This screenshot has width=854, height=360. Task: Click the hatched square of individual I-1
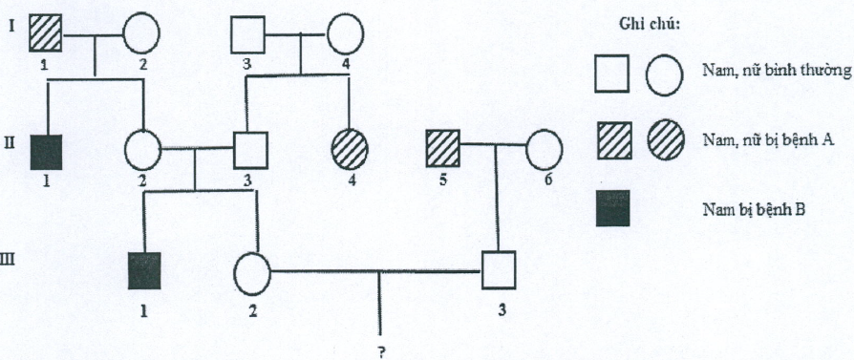coord(45,33)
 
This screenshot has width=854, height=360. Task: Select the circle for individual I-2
coord(141,33)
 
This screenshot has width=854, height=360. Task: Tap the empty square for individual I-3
coord(247,35)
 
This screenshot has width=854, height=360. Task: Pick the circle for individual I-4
coord(345,33)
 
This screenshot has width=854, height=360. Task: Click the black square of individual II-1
coord(47,152)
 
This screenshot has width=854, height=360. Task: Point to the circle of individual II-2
coord(143,150)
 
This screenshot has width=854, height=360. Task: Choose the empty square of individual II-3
coord(251,150)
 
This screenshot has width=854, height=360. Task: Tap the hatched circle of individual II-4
coord(351,149)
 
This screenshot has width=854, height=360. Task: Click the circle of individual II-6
coord(544,148)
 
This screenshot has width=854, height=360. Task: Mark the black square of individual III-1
coord(145,270)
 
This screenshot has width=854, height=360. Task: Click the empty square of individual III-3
coord(499,269)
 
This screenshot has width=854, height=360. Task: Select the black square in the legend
coord(614,207)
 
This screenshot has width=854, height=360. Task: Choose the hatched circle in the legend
coord(666,138)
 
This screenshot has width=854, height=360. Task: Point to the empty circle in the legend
coord(665,75)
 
